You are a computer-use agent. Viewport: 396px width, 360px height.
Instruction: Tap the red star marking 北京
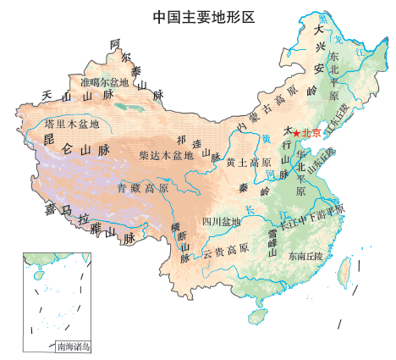[x=295, y=133]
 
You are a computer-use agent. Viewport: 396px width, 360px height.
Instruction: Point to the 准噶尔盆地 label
[x=104, y=83]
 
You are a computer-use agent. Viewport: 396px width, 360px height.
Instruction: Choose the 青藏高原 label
[x=143, y=187]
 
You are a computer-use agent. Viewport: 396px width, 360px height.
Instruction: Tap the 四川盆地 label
[x=221, y=222]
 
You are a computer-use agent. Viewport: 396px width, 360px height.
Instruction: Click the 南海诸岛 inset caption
[x=72, y=346]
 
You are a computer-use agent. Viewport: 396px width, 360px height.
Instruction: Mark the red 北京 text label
[x=311, y=133]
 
